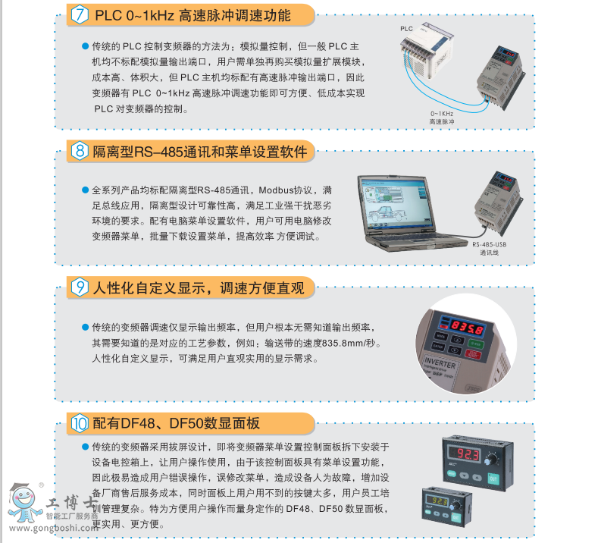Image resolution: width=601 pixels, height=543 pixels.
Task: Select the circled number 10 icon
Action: point(81,423)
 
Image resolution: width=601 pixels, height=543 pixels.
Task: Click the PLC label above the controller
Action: point(406,28)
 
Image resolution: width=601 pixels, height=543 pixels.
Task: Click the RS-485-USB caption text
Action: point(489,244)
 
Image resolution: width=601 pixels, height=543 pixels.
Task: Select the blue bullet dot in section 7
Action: point(85,46)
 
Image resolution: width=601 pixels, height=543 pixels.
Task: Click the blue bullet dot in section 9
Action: point(85,328)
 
